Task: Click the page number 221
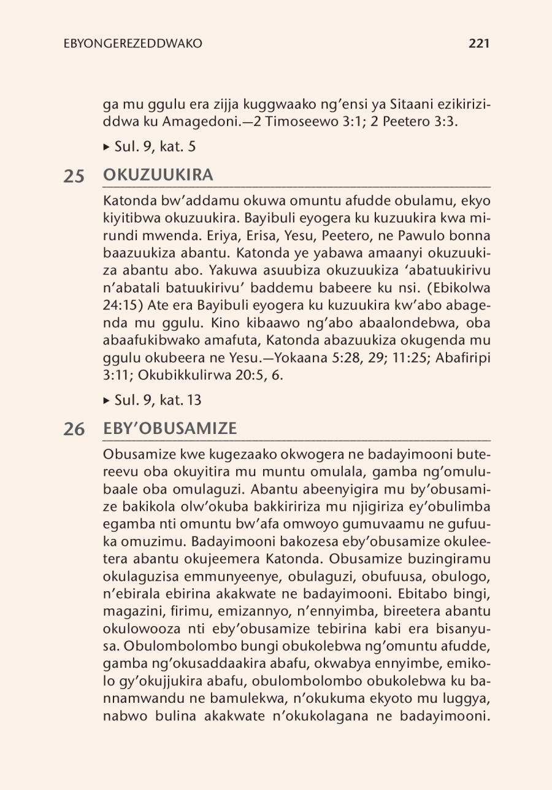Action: (x=478, y=44)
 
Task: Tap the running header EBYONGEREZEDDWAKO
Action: (x=133, y=44)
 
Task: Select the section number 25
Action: (x=74, y=176)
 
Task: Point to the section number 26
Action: (x=74, y=430)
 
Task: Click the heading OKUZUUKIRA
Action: (x=158, y=175)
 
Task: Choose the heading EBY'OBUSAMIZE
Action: (x=170, y=428)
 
